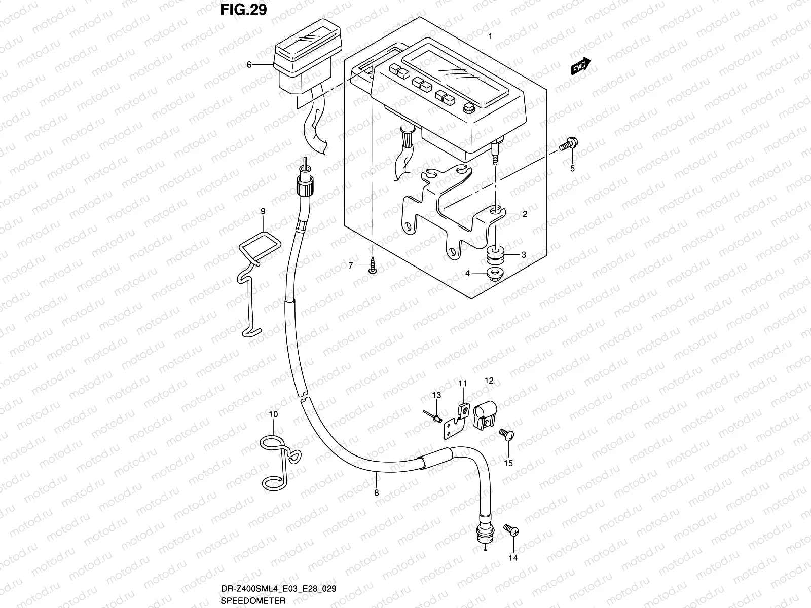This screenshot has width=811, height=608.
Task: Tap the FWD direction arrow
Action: [x=580, y=66]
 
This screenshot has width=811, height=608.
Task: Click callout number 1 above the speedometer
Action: [x=490, y=36]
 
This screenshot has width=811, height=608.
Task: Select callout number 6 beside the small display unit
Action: [x=249, y=65]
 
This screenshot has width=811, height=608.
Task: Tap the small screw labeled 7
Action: [x=373, y=266]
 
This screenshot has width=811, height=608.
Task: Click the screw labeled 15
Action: [x=507, y=435]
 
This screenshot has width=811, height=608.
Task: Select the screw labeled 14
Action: [x=511, y=530]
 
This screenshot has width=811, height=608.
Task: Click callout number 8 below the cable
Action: [x=376, y=491]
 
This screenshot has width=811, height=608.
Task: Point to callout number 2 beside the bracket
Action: [x=525, y=214]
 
